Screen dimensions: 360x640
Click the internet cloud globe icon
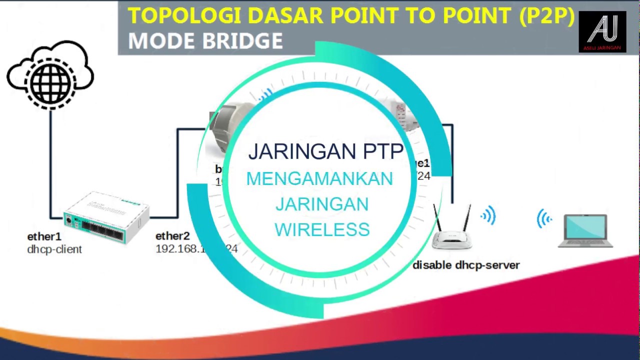click(50, 76)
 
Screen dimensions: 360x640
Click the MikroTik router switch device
click(106, 218)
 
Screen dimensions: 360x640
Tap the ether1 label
click(44, 236)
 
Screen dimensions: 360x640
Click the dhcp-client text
click(54, 249)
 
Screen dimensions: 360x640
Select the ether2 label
click(172, 236)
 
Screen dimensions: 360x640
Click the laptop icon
click(585, 230)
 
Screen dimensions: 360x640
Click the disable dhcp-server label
click(466, 265)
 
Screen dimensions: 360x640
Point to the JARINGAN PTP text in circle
click(325, 151)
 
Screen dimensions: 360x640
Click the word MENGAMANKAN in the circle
click(319, 179)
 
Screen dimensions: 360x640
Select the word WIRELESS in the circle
click(322, 229)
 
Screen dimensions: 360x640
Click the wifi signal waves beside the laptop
click(544, 219)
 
